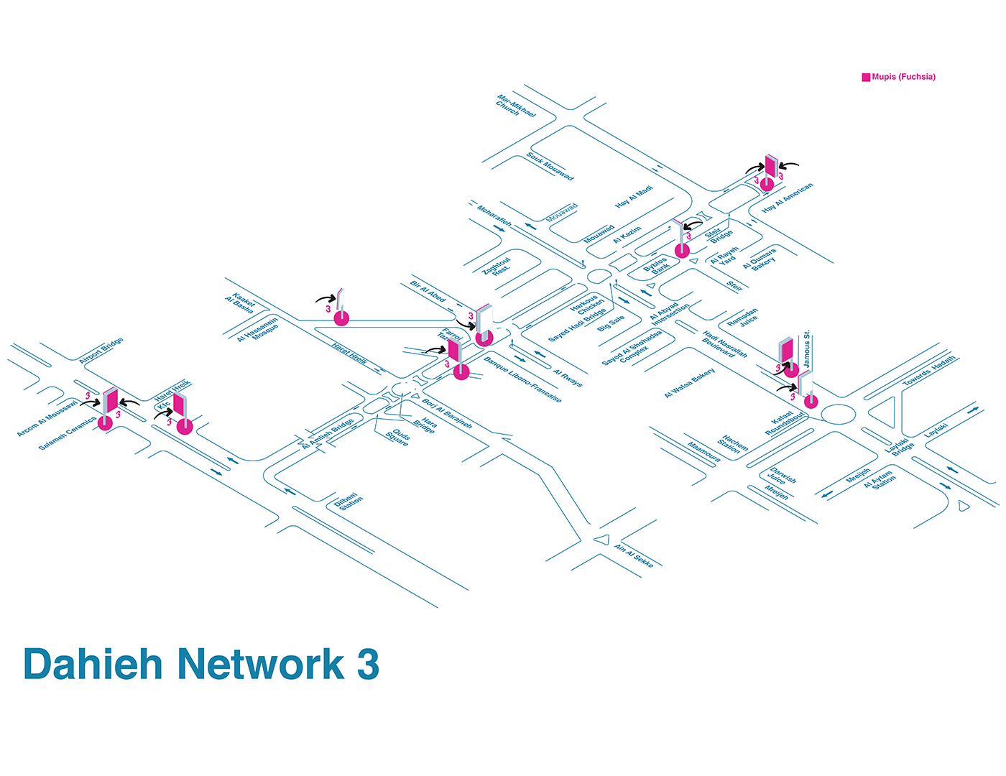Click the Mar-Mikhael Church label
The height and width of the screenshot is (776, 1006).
point(515,105)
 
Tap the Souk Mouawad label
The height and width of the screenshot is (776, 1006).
point(550,166)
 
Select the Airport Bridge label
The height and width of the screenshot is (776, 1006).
point(101,350)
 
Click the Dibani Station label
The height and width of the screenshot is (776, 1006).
point(349,501)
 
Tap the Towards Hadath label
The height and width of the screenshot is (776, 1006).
point(929,371)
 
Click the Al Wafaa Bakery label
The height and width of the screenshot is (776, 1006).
point(689,383)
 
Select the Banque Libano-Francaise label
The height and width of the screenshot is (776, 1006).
point(522,379)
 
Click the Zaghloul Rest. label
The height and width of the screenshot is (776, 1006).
point(497,267)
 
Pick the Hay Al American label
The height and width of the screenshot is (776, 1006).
point(788,197)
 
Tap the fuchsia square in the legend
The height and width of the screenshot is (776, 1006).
point(866,77)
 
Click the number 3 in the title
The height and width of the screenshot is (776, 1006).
point(367,665)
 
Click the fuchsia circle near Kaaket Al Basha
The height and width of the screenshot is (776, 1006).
point(341,318)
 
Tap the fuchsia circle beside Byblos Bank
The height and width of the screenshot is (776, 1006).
point(682,251)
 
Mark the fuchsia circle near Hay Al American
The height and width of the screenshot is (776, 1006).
point(767,184)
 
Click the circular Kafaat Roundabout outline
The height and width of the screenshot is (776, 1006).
point(839,414)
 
